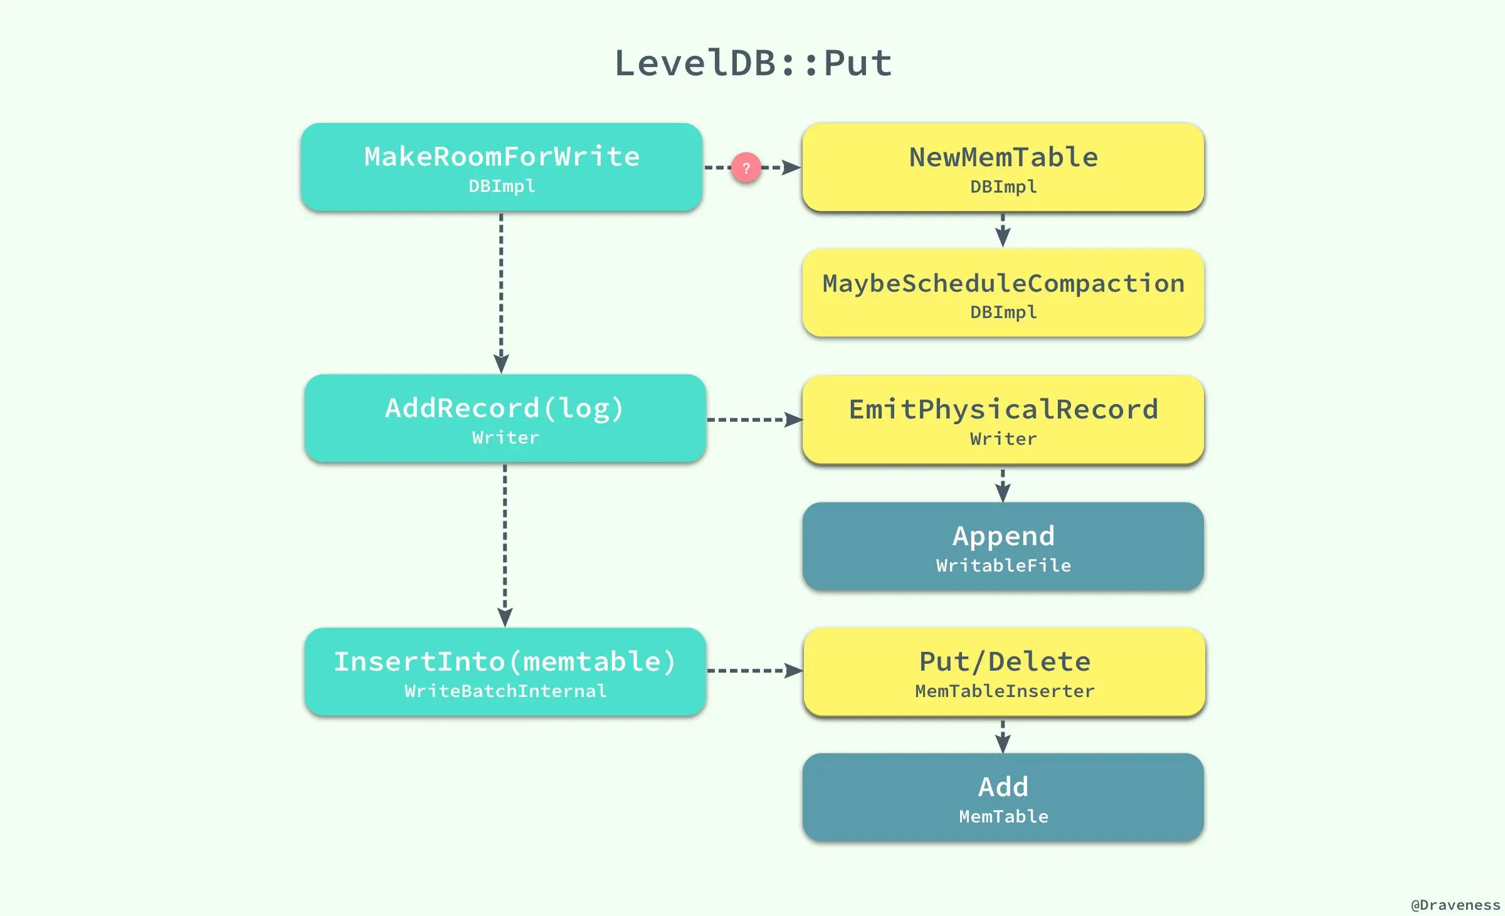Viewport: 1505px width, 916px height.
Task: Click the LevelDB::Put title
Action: [752, 63]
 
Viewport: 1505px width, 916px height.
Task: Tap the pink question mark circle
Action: [746, 168]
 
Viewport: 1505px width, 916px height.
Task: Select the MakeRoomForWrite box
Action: [501, 167]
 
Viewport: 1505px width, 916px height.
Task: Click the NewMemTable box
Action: [1003, 167]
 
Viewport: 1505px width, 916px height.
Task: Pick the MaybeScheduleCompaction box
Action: [1003, 293]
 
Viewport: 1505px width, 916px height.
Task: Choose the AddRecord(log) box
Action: [505, 418]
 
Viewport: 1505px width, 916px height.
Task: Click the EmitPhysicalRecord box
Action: [1003, 420]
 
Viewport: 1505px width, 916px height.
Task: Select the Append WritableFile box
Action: [1003, 546]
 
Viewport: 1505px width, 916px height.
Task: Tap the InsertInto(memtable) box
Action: [505, 671]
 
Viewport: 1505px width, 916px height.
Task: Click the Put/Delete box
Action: [1004, 672]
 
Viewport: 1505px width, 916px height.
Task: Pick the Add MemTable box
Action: [1003, 797]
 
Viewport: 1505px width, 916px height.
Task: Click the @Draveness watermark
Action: [1455, 905]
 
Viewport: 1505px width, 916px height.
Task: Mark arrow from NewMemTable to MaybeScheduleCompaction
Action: [1003, 230]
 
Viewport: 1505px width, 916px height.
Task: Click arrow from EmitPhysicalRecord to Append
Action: [1003, 484]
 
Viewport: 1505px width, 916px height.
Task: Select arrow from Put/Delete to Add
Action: [1003, 735]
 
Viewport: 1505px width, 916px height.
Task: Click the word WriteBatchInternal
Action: [505, 691]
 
